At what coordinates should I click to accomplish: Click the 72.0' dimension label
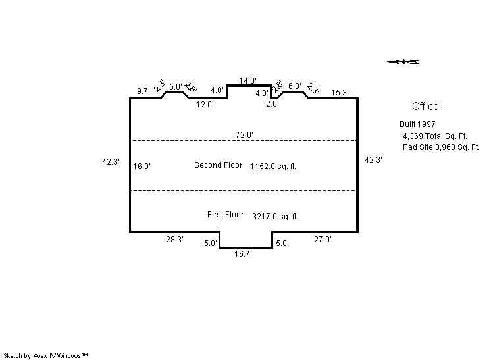244,135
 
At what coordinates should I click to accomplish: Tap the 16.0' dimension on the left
142,167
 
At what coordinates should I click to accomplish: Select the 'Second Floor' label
219,165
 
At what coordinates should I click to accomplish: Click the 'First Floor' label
226,215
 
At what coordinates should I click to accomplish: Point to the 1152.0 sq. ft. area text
273,167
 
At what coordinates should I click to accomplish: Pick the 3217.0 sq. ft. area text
275,217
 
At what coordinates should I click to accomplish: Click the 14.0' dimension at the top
247,81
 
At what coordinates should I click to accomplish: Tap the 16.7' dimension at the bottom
243,254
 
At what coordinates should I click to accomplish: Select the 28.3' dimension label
174,240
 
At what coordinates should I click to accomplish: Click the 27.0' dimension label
323,240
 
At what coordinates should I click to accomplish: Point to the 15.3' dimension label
340,93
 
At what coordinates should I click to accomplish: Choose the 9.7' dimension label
143,91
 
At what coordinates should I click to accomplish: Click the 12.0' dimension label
205,105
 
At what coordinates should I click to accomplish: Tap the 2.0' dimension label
272,104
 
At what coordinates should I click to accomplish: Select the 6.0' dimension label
295,86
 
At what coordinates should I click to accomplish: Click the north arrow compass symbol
403,62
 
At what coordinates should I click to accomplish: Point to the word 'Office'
425,107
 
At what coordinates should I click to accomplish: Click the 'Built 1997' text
417,124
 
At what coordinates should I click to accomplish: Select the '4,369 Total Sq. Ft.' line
435,136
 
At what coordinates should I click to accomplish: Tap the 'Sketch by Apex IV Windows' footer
45,356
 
